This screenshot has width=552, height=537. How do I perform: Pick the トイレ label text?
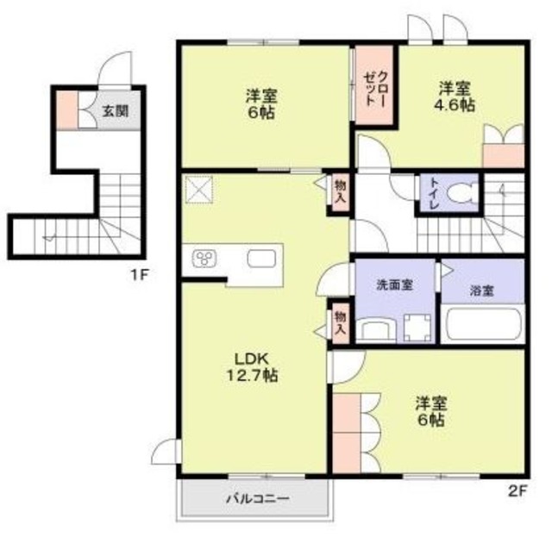[x=429, y=194]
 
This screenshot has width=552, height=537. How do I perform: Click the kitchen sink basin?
[x=261, y=259]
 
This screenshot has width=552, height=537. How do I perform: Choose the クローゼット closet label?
[x=373, y=87]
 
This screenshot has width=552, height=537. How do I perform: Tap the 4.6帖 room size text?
[x=455, y=105]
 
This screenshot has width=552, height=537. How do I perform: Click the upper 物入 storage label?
[x=340, y=190]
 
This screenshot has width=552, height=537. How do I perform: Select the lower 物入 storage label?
[x=340, y=322]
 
